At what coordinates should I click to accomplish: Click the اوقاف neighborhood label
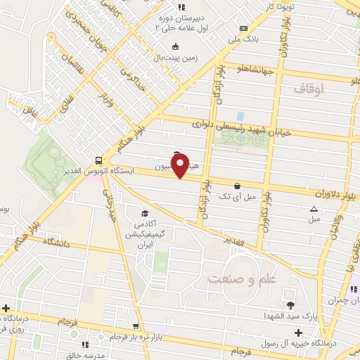click(309, 89)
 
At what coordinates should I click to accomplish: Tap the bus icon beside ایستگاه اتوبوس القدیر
click(98, 160)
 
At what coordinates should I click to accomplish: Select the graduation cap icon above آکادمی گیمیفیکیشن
click(144, 214)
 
